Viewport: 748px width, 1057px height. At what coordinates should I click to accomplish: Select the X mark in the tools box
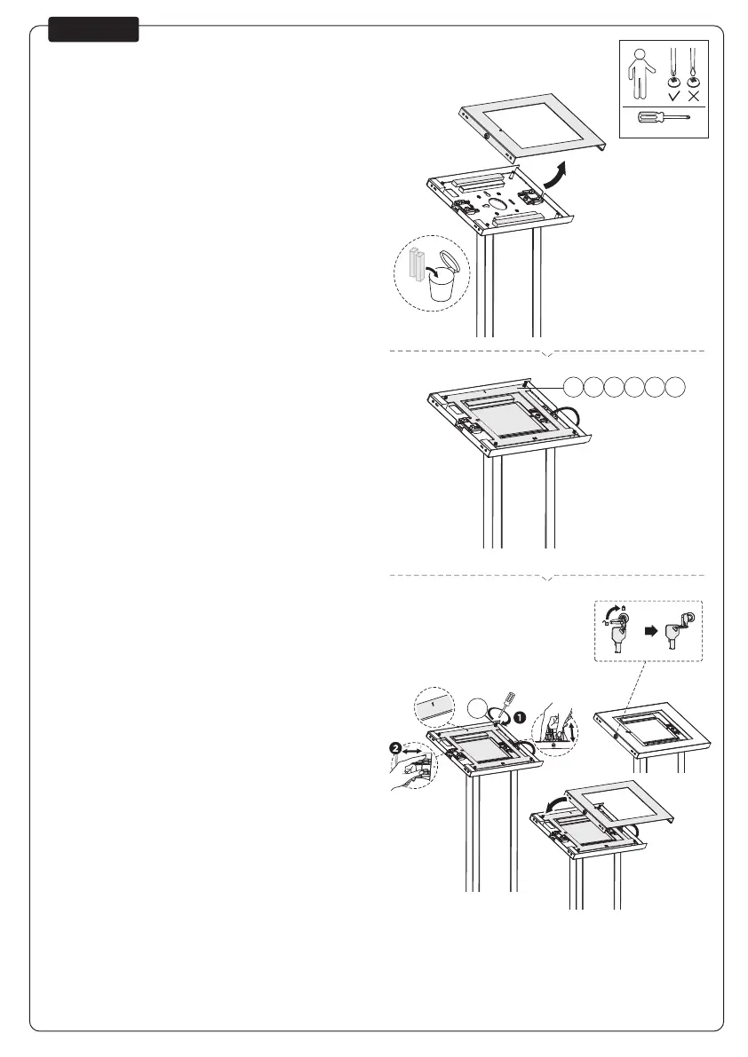point(694,96)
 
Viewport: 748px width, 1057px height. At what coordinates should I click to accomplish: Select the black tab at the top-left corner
point(93,29)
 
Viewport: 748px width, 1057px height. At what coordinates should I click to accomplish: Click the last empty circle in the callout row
point(676,386)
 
